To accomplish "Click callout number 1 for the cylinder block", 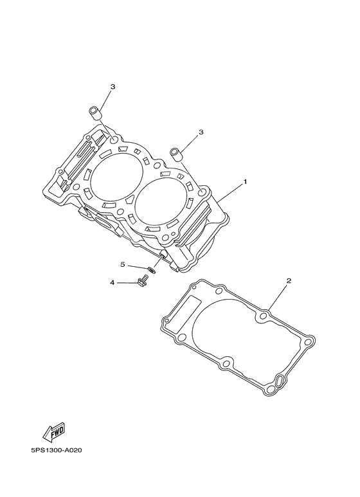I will coord(245,183).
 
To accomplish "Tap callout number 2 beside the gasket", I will coord(289,281).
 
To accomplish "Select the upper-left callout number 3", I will coord(113,86).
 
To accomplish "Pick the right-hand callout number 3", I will coord(201,132).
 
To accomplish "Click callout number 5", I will coord(122,264).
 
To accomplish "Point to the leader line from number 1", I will coord(228,194).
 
